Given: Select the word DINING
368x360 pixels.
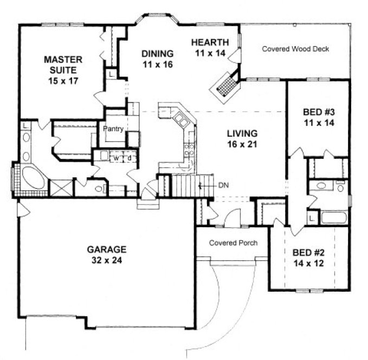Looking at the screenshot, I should point(157,54).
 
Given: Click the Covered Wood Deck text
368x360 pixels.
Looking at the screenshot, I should point(295,49).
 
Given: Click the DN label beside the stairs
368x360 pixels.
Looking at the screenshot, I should point(223,186).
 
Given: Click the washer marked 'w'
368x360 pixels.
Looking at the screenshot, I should point(116,157).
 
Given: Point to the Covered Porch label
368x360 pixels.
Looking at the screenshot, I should point(233,243).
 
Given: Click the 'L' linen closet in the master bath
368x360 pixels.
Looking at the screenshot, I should point(25,126).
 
